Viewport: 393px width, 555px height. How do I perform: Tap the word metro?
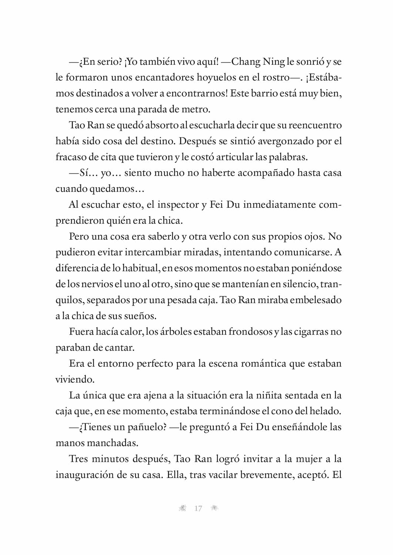tap(196, 110)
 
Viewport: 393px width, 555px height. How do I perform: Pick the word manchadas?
tap(118, 443)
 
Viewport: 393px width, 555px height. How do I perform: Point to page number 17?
tap(198, 509)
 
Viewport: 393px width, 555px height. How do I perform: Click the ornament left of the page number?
tap(182, 509)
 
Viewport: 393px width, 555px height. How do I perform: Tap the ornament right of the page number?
tap(214, 509)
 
